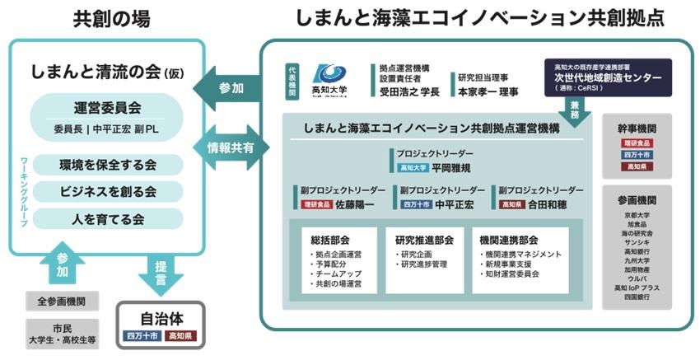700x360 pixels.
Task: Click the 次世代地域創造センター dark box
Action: point(608,77)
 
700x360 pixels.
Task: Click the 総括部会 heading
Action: point(330,240)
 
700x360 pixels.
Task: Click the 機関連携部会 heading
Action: point(508,240)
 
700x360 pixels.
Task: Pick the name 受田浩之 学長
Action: point(409,91)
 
